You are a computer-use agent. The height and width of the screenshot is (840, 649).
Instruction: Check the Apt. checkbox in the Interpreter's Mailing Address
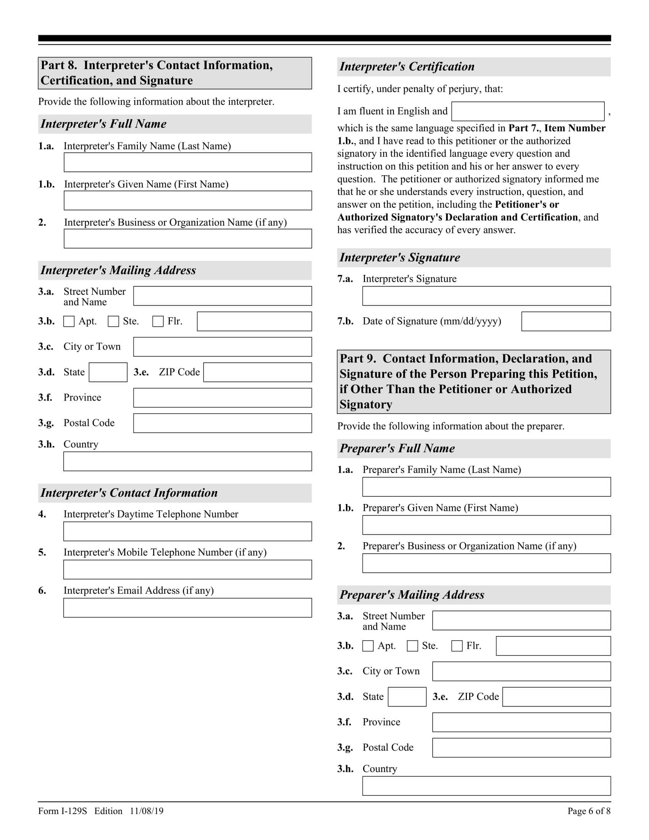point(69,321)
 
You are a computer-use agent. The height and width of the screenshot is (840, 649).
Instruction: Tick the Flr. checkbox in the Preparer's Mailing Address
point(457,646)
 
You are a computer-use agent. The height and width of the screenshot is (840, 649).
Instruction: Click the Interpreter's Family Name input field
point(187,162)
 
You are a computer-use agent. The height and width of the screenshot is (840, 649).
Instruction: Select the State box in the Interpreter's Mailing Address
point(108,372)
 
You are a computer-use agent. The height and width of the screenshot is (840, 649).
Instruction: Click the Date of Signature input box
point(566,321)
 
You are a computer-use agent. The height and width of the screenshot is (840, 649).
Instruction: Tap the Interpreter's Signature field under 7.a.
point(486,296)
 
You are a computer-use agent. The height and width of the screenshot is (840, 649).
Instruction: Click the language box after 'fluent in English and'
point(528,111)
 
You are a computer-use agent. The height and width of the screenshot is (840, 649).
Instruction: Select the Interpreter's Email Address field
point(187,608)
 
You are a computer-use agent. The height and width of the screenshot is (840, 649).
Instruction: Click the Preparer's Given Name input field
point(486,525)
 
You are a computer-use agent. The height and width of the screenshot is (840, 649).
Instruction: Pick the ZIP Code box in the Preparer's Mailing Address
point(556,697)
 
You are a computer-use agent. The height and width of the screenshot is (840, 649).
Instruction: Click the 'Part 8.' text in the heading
point(59,65)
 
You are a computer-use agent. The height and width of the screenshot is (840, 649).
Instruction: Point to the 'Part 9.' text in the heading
point(358,359)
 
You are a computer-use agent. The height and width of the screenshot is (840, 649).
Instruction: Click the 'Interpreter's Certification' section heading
point(407,66)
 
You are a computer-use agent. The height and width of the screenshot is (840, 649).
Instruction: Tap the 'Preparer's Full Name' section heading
point(397,449)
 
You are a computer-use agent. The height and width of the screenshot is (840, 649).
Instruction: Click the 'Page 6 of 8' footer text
point(589,811)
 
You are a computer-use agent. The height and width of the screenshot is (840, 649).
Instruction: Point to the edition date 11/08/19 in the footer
point(147,811)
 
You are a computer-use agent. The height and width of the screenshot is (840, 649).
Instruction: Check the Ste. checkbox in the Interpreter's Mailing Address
point(113,321)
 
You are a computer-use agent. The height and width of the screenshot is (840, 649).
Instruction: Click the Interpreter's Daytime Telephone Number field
point(187,531)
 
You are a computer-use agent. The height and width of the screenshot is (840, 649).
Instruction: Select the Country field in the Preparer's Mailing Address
point(486,786)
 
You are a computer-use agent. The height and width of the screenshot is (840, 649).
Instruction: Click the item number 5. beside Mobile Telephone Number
point(42,552)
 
